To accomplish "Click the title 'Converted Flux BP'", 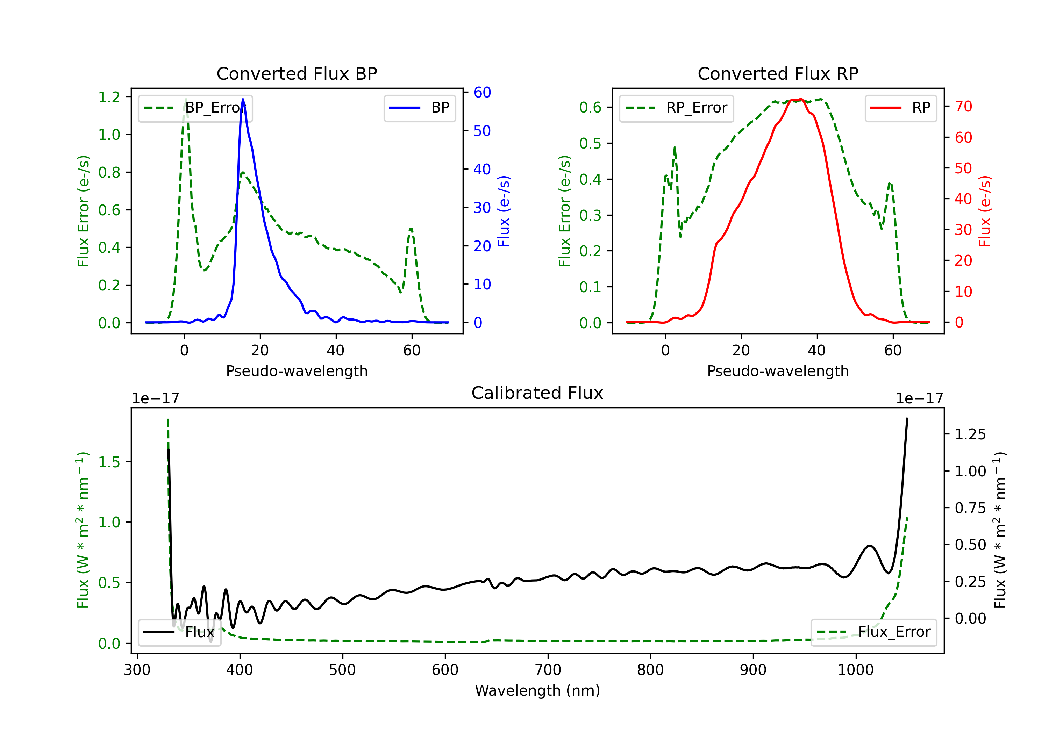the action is (297, 73).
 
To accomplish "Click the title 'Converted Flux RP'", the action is (778, 73).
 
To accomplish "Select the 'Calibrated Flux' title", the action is (537, 393).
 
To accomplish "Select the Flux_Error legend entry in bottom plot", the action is (873, 632).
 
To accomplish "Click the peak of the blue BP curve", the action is (243, 99).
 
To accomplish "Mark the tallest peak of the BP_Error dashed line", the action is (185, 100).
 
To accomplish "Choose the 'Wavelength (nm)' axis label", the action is (537, 691).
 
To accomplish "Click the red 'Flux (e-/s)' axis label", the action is (985, 211).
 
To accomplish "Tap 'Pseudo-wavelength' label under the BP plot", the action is (297, 371).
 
